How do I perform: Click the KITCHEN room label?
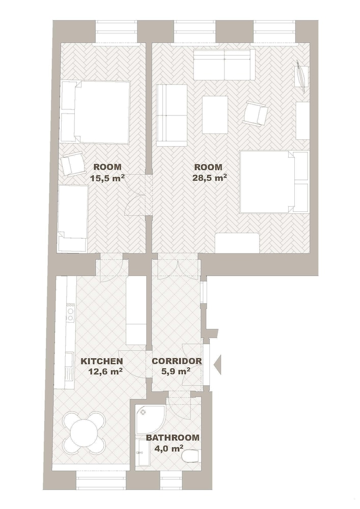(102, 361)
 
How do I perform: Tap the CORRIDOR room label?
(177, 361)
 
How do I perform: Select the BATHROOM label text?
(173, 438)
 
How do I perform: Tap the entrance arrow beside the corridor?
(217, 365)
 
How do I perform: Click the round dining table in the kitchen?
(85, 433)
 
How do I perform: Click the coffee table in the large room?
(215, 115)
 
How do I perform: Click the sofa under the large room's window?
(224, 65)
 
